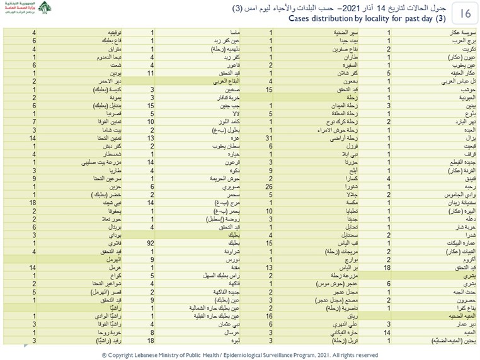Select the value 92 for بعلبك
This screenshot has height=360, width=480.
point(151,242)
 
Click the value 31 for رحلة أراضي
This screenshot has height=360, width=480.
point(269,137)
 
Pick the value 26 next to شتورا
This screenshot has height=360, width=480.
point(269,186)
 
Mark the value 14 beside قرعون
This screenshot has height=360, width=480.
point(151,162)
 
